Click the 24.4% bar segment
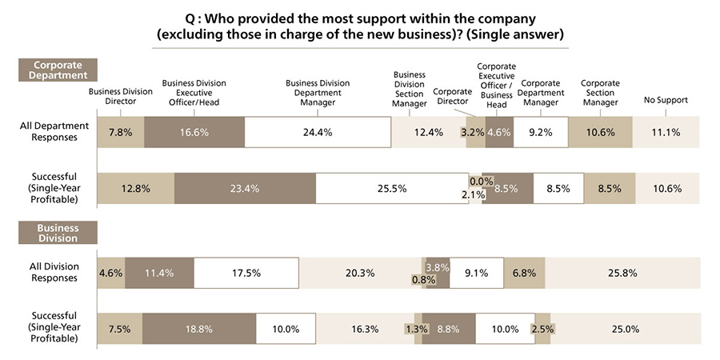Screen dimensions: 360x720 click(318, 132)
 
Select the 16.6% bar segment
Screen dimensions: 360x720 click(194, 132)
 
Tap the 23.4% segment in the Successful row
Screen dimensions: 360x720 click(245, 189)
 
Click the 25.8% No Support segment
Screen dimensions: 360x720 click(622, 273)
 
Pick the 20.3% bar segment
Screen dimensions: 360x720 click(361, 273)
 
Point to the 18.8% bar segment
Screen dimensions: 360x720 click(199, 329)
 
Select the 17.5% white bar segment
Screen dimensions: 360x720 click(246, 273)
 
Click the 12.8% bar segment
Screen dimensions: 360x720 click(135, 189)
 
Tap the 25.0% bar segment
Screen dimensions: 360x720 click(625, 329)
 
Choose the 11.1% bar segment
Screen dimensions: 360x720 click(666, 132)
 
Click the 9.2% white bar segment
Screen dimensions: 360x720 click(541, 132)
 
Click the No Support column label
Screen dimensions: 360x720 click(666, 100)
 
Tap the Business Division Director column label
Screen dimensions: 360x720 click(121, 96)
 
